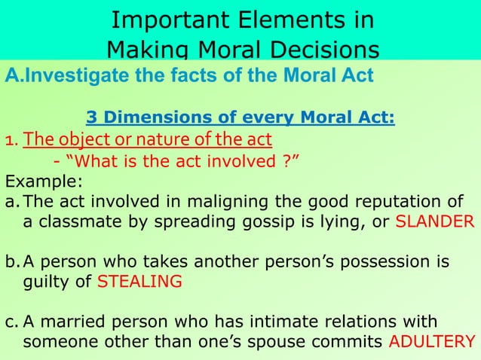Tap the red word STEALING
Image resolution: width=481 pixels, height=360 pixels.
click(142, 282)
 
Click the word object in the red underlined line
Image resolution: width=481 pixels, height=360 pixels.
click(78, 140)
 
